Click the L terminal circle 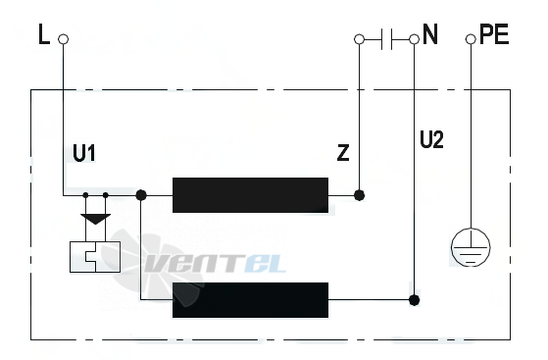(64, 39)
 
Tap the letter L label (44, 34)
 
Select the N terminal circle (414, 39)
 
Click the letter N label (430, 34)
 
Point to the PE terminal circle (471, 39)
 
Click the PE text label (494, 34)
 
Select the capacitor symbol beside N (386, 39)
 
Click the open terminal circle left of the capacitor (359, 39)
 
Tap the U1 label (84, 153)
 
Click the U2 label (431, 139)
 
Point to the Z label (343, 153)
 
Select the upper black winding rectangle (251, 195)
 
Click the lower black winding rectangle (251, 300)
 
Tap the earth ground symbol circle (471, 247)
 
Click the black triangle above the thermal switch (96, 219)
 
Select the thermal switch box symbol (95, 257)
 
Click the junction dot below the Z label (359, 195)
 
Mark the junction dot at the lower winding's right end (414, 300)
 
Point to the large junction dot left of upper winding (141, 195)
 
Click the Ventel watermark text (216, 263)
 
